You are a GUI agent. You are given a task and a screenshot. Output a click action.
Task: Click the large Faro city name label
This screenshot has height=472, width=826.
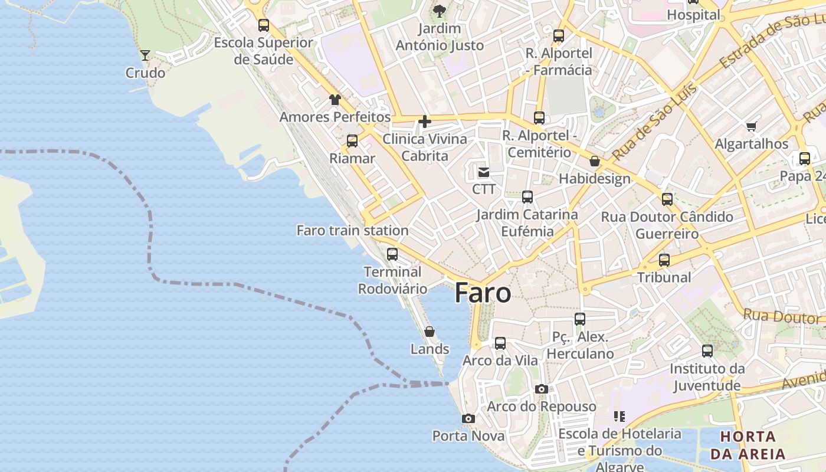(483, 293)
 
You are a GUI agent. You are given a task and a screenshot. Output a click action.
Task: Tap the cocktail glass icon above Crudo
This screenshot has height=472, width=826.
(145, 55)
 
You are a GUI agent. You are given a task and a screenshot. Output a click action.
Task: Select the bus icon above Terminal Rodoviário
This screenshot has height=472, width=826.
(392, 254)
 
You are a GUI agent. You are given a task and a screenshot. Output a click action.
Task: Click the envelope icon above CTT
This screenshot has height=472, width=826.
(484, 172)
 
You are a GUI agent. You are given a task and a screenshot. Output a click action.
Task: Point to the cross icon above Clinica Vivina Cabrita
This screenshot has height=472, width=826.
(424, 122)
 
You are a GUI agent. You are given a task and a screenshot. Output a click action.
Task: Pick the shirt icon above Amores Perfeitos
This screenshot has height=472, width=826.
(335, 100)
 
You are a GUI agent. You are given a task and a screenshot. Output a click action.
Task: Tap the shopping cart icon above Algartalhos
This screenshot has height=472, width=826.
(752, 126)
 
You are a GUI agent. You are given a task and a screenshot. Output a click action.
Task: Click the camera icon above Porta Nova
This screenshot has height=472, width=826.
(468, 419)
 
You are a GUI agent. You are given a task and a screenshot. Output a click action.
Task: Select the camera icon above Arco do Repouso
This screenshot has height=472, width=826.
(542, 389)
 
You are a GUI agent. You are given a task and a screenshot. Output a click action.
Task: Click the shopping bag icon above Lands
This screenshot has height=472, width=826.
(430, 332)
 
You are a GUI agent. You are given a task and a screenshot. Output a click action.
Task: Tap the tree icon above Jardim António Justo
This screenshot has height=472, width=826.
(440, 11)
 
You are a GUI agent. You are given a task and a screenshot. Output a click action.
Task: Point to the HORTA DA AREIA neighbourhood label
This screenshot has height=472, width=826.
(748, 445)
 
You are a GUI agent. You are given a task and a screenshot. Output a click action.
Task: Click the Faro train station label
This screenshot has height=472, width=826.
(352, 231)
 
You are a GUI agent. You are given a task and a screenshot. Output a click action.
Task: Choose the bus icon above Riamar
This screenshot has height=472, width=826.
(352, 141)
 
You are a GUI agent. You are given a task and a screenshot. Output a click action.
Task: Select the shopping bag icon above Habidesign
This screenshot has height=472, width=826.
(595, 161)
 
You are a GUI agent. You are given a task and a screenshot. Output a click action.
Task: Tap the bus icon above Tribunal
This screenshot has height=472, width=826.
(664, 260)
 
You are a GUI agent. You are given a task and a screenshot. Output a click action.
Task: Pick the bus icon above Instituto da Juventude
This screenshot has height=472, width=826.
(707, 352)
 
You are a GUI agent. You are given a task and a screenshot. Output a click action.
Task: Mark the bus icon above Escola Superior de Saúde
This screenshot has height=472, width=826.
(264, 25)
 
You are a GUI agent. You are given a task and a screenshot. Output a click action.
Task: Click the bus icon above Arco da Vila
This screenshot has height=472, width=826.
(500, 343)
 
